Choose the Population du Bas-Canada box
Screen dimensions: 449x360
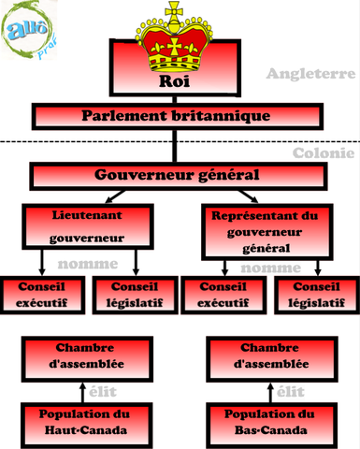point(269,422)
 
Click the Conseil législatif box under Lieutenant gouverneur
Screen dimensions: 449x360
point(137,295)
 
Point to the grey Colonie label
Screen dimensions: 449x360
point(323,152)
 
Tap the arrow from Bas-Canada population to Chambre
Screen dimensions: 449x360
point(269,389)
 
